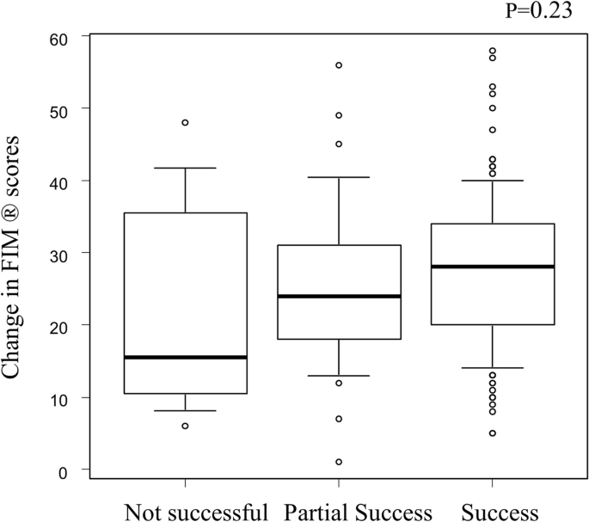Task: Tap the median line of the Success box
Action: (x=492, y=267)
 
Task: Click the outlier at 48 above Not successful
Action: (x=185, y=123)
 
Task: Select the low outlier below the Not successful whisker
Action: (x=185, y=426)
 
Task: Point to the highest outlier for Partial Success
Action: (x=339, y=65)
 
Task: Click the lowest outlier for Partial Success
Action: (x=339, y=462)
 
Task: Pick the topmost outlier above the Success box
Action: (x=492, y=52)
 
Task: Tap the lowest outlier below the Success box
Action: (x=492, y=433)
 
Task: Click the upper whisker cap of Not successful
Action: (x=185, y=168)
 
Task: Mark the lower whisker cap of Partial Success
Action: (x=339, y=376)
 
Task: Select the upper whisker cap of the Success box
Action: (x=492, y=181)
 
